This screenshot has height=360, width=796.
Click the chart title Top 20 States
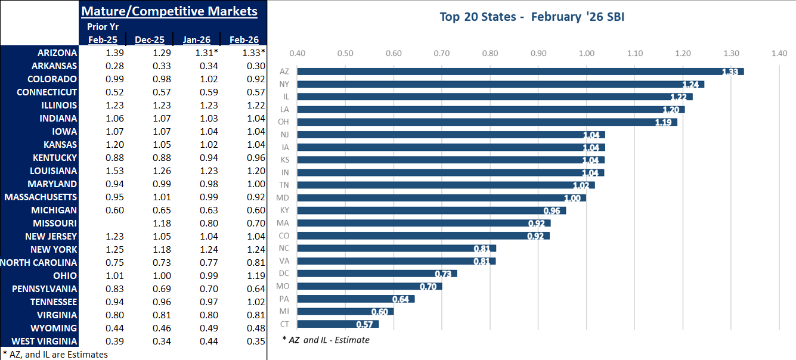[x=531, y=17]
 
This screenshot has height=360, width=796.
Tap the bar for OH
[x=487, y=122]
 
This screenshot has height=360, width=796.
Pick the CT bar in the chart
[x=337, y=324]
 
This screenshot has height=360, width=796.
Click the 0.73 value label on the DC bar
[x=444, y=274]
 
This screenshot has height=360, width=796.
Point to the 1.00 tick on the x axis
[x=587, y=54]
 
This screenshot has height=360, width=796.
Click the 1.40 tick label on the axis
[x=779, y=54]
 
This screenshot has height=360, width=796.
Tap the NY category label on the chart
[x=284, y=84]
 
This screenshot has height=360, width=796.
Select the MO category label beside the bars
[x=284, y=286]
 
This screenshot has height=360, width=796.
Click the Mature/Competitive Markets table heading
[x=169, y=11]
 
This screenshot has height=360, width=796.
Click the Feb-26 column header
[x=244, y=40]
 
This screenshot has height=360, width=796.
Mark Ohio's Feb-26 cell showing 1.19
[x=250, y=276]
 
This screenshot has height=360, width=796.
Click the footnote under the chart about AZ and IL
[x=326, y=340]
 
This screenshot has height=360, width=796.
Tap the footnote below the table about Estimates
[x=55, y=354]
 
